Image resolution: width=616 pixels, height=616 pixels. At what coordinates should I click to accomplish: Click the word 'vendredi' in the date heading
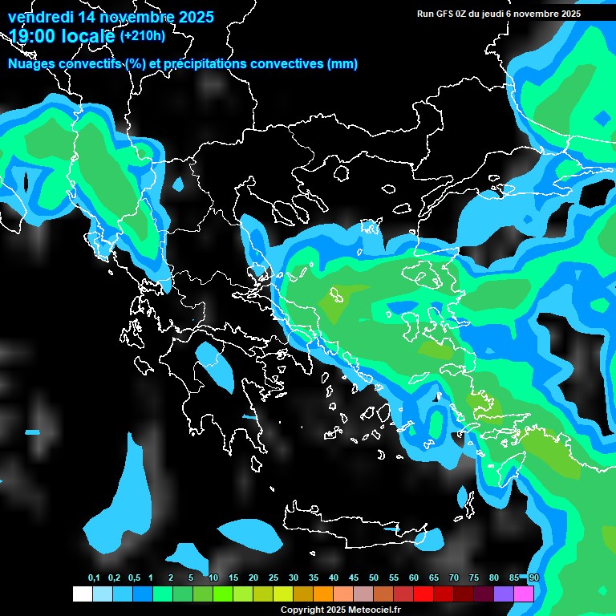pos(35,16)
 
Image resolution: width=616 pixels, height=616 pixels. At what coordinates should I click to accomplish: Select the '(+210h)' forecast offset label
pos(143,35)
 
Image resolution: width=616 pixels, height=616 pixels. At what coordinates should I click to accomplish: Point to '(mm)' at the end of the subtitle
pos(342,64)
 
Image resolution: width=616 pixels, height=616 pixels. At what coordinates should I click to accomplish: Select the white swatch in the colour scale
pos(82,594)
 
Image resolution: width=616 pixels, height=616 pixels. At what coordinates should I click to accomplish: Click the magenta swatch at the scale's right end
pos(524,594)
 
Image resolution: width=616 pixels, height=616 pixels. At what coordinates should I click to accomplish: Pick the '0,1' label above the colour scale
pos(94,578)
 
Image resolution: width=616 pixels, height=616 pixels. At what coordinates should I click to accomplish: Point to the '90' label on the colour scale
pos(534,578)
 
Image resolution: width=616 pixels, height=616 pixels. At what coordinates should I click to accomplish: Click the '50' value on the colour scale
pos(374,578)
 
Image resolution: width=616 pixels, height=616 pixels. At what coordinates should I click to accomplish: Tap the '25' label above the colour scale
pos(274,578)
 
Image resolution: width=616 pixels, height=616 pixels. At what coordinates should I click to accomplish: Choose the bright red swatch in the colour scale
pos(423,594)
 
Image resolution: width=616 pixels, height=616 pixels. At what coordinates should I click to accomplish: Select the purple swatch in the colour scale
pos(504,594)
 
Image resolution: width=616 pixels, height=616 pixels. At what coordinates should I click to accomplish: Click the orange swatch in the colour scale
pos(323,594)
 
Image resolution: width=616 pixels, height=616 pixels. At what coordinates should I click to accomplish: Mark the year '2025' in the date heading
pos(192,16)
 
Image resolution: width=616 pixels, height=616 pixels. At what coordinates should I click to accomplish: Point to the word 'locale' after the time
pos(85,35)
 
